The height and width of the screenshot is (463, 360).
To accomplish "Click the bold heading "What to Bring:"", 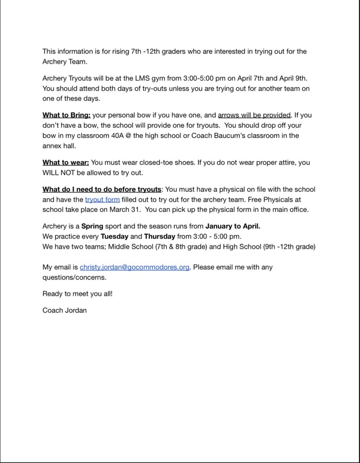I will [x=66, y=115].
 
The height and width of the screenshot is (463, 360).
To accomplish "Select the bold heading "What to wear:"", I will [x=66, y=162].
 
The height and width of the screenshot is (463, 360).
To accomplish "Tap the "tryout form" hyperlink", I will [x=102, y=199].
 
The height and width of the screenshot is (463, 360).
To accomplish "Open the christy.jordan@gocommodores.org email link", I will [x=135, y=267].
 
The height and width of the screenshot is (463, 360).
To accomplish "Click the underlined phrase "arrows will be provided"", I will [x=254, y=115].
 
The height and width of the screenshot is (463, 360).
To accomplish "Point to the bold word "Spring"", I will [x=92, y=226].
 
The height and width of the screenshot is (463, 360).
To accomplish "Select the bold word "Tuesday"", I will [x=114, y=236].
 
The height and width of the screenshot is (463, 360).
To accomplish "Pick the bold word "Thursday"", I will [x=159, y=236].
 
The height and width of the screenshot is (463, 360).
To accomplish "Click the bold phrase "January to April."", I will [x=233, y=226].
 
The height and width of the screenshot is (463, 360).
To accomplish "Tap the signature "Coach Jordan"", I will [x=65, y=310].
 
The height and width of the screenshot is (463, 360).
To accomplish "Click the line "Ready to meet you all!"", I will [x=77, y=293].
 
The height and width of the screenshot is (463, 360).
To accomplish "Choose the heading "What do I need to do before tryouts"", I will [x=102, y=189].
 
